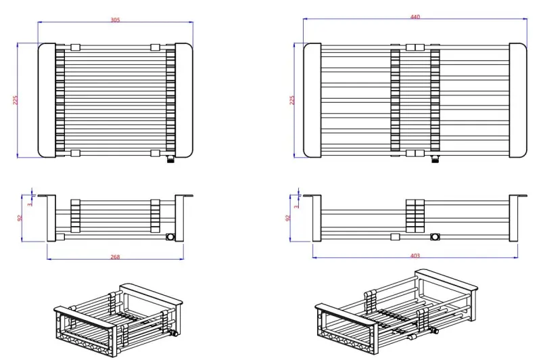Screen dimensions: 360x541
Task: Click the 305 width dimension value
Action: coord(115,20)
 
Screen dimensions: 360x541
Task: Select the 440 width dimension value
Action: coord(415,16)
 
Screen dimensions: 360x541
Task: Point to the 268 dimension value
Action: coord(115,256)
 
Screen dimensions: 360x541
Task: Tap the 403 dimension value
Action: coord(415,255)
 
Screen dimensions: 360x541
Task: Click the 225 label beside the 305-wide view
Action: coord(16,100)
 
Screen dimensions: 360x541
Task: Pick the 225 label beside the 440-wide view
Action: coord(292,100)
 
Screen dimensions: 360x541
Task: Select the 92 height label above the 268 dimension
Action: coord(20,218)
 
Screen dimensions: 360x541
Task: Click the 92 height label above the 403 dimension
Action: coord(288,218)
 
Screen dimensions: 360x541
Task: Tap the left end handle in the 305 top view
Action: coord(47,100)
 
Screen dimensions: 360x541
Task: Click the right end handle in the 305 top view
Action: coord(184,100)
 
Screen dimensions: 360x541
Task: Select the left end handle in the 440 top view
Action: coord(312,100)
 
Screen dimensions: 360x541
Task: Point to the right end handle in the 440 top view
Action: coord(517,100)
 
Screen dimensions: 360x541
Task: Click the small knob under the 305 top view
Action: coord(170,160)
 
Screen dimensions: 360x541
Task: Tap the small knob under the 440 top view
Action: coord(436,160)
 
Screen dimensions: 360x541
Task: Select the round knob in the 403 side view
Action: coord(436,236)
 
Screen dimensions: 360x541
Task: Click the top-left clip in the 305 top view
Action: coord(75,47)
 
